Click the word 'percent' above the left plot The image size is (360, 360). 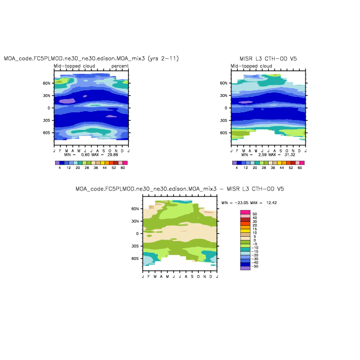(119, 66)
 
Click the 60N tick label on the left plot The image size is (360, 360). (47, 83)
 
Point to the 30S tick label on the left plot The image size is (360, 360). (47, 121)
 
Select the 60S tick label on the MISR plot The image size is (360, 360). (225, 133)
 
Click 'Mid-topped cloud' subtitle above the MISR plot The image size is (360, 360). (251, 66)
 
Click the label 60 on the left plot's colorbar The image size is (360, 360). (123, 167)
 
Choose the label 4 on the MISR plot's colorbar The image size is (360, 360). (237, 167)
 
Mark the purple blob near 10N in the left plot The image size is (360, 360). (67, 101)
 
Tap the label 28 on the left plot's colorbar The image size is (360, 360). (87, 167)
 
